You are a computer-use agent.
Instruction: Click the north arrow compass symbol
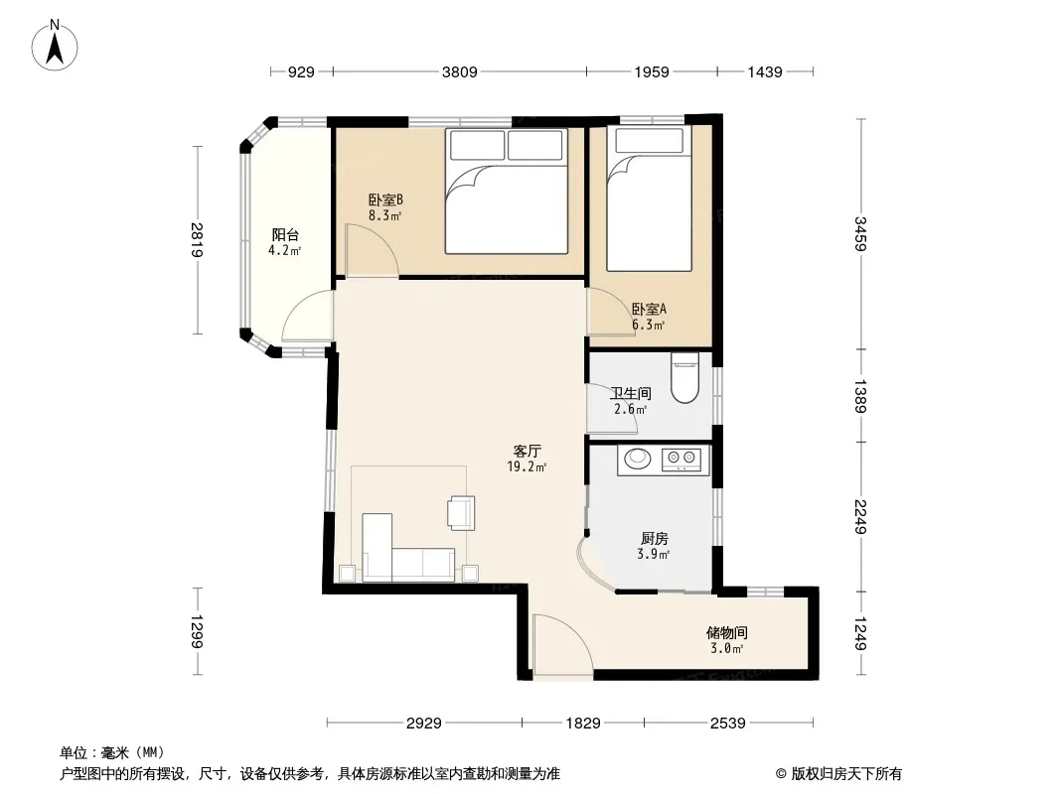(x=55, y=45)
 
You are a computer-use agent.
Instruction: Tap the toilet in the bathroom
(x=684, y=378)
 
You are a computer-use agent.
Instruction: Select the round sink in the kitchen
(x=637, y=459)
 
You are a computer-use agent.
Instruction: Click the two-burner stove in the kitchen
(x=681, y=460)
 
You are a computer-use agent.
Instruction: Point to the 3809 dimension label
(x=459, y=71)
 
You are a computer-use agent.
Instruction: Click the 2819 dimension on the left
(x=197, y=239)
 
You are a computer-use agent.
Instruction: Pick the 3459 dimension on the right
(x=860, y=233)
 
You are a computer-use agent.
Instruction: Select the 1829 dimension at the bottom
(x=583, y=724)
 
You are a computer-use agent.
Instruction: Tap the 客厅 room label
(x=527, y=451)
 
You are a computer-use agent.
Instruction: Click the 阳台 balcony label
(x=285, y=235)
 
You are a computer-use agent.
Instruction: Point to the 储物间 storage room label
(x=727, y=633)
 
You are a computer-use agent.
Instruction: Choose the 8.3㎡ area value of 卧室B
(x=385, y=216)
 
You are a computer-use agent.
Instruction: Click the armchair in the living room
(x=461, y=513)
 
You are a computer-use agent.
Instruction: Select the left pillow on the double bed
(x=478, y=145)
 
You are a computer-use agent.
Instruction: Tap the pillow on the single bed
(x=649, y=140)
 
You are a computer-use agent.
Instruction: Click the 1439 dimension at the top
(x=765, y=71)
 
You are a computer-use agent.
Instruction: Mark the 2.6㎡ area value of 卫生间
(x=631, y=410)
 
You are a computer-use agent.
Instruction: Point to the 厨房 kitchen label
(x=655, y=538)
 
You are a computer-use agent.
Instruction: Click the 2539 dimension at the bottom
(x=727, y=724)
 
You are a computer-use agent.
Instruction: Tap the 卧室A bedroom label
(x=649, y=309)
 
